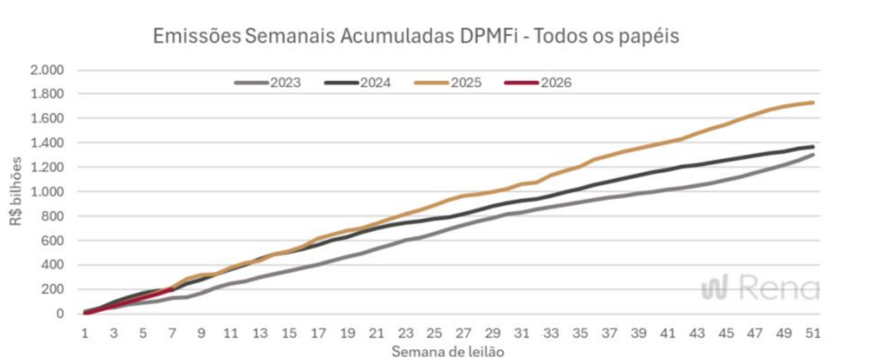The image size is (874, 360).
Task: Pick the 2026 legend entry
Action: (538, 83)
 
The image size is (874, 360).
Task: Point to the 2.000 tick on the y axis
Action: (47, 70)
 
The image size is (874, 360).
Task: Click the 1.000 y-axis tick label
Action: (47, 192)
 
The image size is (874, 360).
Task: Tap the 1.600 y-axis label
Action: (47, 119)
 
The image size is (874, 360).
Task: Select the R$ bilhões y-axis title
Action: (16, 192)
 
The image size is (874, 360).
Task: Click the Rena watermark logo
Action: (760, 288)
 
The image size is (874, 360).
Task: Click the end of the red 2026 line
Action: (173, 288)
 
